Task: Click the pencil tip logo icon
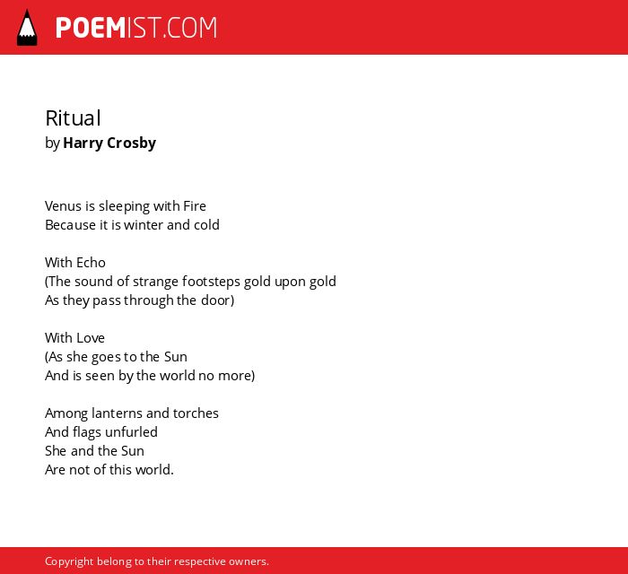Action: point(27,27)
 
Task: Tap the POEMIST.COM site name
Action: point(136,28)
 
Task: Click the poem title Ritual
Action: point(73,118)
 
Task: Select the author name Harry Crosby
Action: point(109,143)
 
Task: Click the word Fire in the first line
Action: point(195,206)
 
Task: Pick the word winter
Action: point(144,225)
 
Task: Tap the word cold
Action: point(206,225)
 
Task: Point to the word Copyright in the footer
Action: point(69,561)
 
